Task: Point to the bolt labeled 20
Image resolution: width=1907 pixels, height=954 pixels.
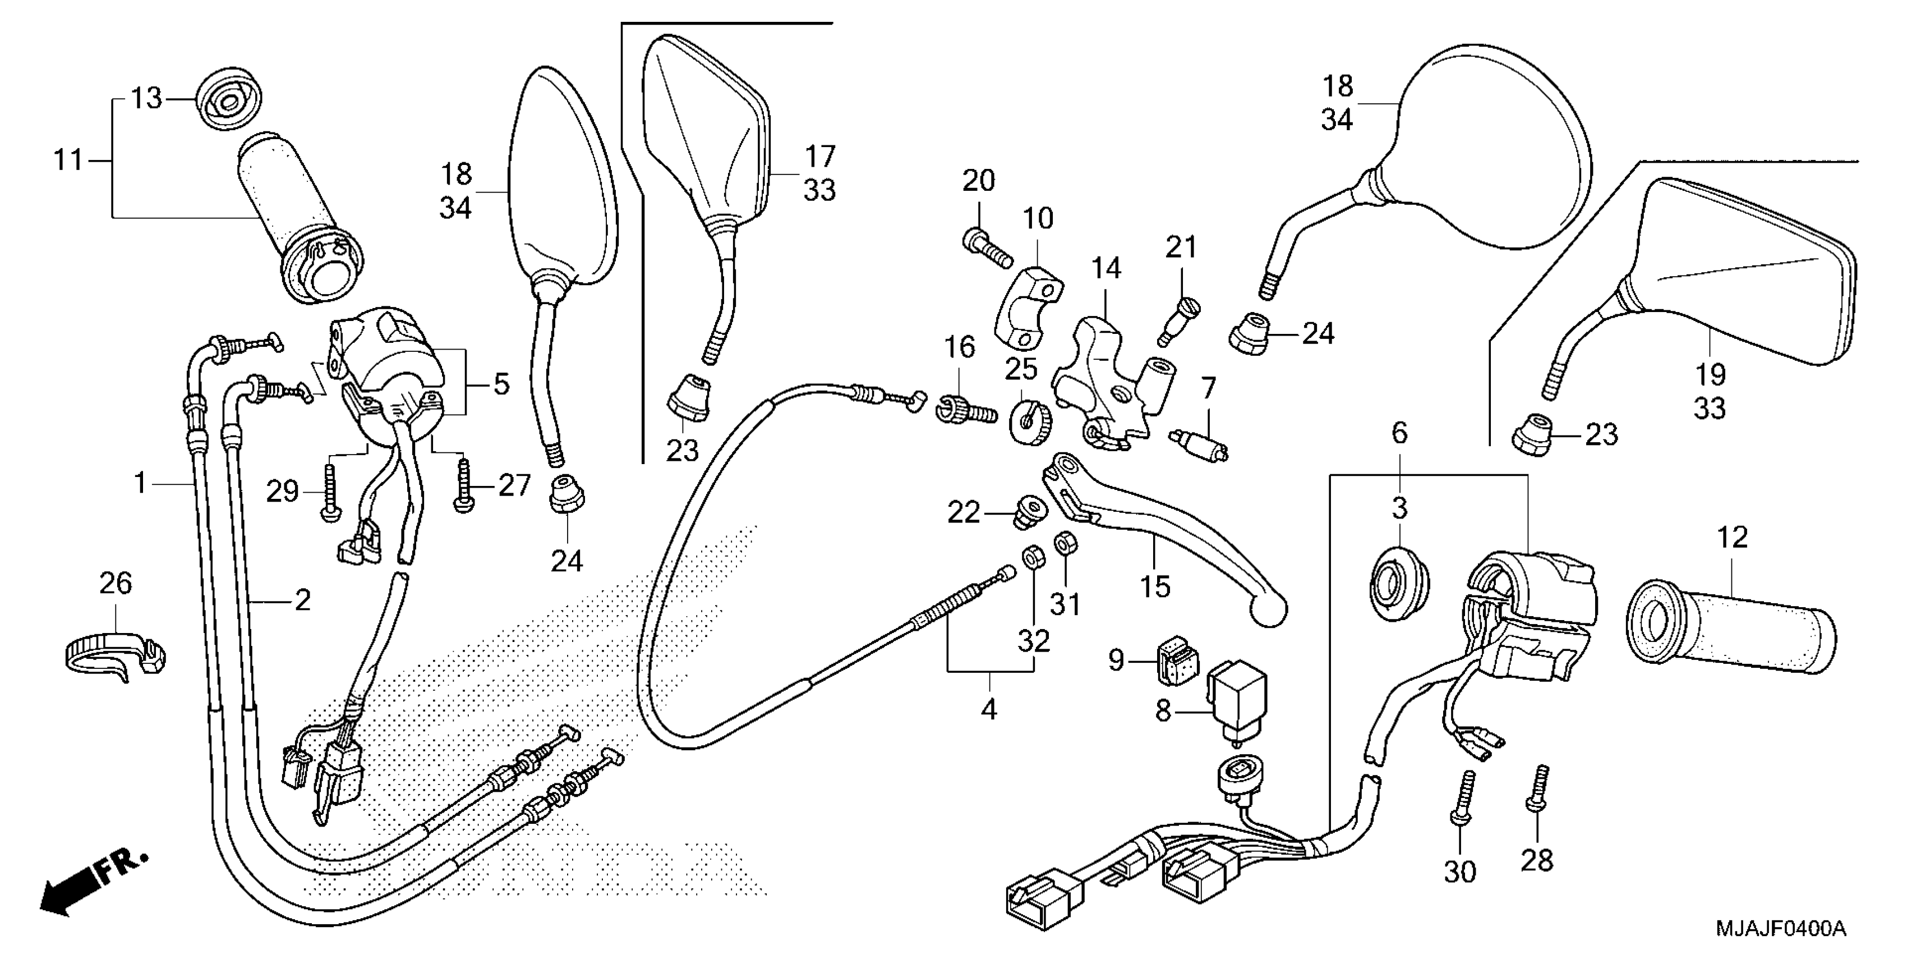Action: click(987, 250)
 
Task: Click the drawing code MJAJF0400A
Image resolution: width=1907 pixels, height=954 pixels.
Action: click(1779, 927)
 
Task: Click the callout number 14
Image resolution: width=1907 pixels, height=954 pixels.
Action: click(1106, 268)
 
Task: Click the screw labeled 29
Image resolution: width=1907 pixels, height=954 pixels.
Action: click(329, 490)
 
